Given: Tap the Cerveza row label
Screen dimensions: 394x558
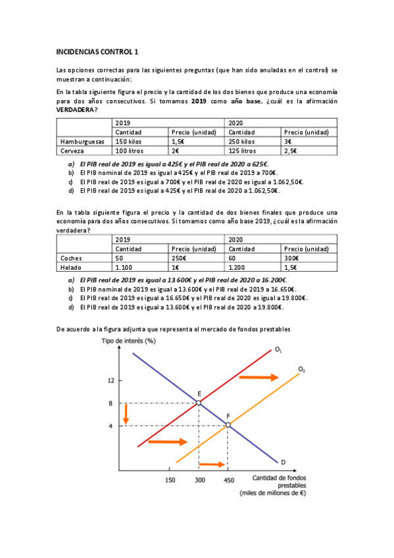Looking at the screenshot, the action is (x=72, y=151).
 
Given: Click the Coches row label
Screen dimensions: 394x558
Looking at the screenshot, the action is (x=70, y=259).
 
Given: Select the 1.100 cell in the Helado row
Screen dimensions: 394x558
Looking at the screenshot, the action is (x=124, y=268).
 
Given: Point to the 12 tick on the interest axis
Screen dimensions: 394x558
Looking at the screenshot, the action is (x=111, y=380).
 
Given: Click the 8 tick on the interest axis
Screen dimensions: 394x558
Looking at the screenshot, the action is (x=111, y=403).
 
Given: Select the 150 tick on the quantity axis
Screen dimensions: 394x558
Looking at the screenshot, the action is (x=170, y=480).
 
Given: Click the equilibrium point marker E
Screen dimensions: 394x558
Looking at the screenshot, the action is (x=199, y=402).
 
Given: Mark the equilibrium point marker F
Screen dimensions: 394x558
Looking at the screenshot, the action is (x=228, y=425).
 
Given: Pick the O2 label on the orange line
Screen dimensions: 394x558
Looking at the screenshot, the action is (x=301, y=370).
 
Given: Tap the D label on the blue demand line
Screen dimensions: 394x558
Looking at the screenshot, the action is (x=283, y=461).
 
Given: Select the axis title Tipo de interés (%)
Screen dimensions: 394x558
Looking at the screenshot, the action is (x=128, y=340).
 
